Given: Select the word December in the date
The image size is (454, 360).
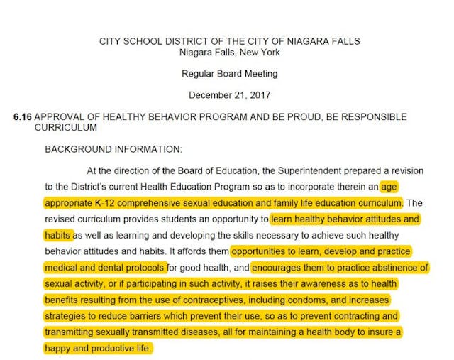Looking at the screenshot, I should pyautogui.click(x=211, y=94).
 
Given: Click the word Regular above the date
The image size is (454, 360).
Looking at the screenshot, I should pyautogui.click(x=199, y=73).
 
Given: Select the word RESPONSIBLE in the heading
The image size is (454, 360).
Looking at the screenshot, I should pyautogui.click(x=376, y=116).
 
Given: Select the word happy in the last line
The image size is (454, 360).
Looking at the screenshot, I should pyautogui.click(x=58, y=348).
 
